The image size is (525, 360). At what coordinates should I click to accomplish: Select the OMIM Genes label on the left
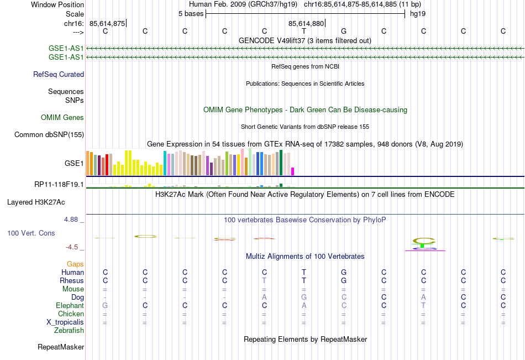coord(62,117)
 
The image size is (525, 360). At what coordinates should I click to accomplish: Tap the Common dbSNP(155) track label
coord(49,134)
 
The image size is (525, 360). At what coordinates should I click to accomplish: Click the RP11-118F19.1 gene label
coord(59,184)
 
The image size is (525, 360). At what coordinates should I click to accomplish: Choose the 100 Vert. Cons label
coord(31,233)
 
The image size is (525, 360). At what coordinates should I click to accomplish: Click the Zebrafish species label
coord(69,330)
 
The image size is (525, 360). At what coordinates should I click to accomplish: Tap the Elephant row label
coord(70,305)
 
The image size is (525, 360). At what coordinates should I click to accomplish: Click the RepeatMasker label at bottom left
coord(61,347)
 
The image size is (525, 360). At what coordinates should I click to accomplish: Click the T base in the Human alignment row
coord(304,272)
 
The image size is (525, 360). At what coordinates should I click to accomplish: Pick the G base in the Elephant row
coord(105,305)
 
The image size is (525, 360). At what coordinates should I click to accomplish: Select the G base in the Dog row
coord(304,297)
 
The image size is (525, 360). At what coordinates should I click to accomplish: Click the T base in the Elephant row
coord(423,305)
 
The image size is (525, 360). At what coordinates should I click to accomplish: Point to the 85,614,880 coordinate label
coord(306,23)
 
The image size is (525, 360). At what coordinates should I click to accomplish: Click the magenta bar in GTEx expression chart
coord(293,171)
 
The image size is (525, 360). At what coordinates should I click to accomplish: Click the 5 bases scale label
coord(191,13)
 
